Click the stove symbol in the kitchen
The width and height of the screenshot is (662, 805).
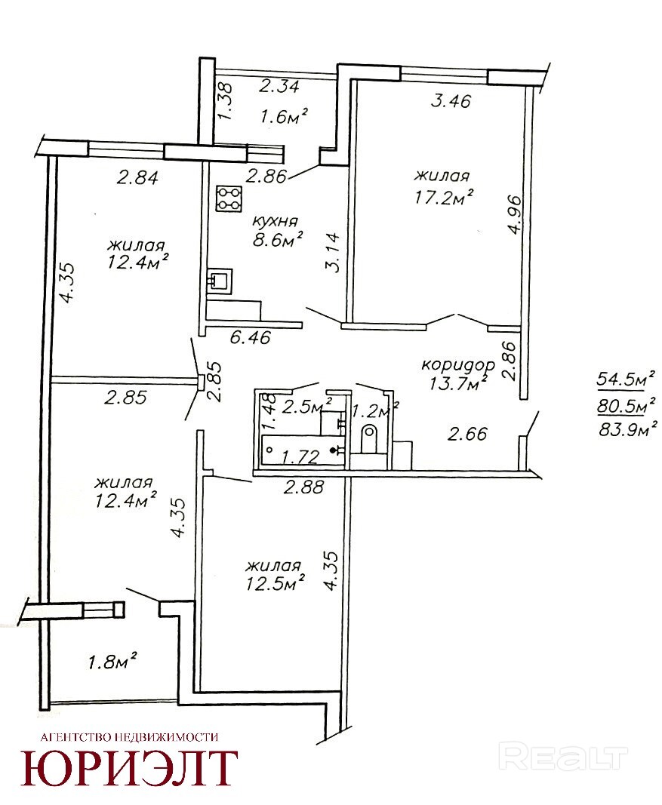(x=229, y=198)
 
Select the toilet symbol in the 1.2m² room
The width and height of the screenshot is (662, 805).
(x=369, y=439)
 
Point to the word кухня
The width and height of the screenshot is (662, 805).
(x=276, y=221)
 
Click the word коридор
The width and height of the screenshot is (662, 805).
(x=458, y=365)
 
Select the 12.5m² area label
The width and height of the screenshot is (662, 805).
(x=276, y=583)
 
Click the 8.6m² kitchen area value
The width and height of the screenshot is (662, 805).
(x=277, y=239)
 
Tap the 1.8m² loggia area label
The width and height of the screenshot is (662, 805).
(x=112, y=662)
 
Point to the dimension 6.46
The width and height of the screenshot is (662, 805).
(x=250, y=338)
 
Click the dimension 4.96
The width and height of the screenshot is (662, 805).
(x=515, y=214)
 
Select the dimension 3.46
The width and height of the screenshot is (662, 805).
(x=451, y=100)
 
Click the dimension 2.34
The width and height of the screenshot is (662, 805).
(x=279, y=85)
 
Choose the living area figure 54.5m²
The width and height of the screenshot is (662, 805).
(x=625, y=380)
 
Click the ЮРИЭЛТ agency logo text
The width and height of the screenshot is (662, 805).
(x=129, y=768)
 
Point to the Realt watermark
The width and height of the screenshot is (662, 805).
(x=563, y=756)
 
